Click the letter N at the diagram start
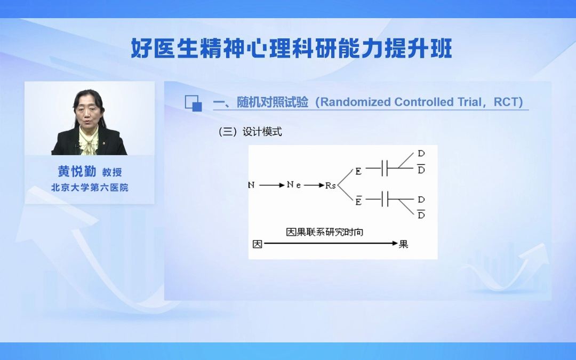point(252,185)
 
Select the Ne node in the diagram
point(294,185)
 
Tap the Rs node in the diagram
point(331,186)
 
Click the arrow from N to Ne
point(273,185)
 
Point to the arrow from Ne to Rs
point(314,185)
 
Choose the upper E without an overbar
point(358,171)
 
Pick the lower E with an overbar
point(358,201)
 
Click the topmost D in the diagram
point(421,154)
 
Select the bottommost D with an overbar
point(421,215)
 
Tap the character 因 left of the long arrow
point(257,244)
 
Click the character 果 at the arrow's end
point(404,244)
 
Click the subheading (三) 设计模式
point(250,132)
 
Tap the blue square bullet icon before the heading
point(193,103)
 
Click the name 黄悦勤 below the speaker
point(77,171)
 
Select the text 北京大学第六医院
point(90,188)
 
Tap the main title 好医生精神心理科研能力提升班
point(292,49)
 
